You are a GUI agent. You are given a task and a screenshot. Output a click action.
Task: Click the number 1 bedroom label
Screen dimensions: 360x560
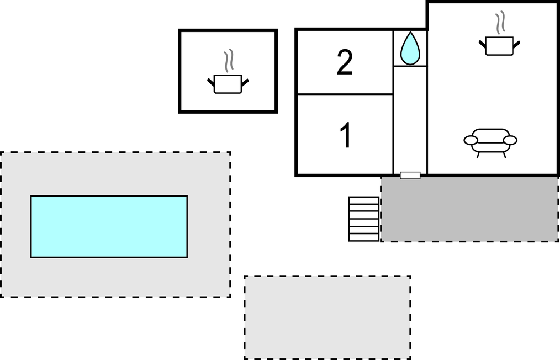(346, 136)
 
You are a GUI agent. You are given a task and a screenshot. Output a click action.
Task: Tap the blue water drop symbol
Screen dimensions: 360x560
(410, 49)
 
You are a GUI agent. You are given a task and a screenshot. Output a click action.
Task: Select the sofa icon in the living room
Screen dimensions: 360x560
(490, 142)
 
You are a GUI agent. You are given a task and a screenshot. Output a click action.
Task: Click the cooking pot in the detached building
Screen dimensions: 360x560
(228, 83)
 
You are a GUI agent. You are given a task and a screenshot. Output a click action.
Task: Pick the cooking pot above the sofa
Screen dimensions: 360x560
(499, 45)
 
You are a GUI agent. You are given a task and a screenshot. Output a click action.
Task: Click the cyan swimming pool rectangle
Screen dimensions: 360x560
(109, 226)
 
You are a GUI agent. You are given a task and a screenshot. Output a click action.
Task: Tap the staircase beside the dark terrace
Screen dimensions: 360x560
(364, 219)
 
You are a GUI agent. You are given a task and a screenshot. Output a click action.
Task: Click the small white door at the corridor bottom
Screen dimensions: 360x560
(410, 176)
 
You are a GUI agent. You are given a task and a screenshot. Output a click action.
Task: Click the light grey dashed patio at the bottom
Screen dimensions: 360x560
(327, 317)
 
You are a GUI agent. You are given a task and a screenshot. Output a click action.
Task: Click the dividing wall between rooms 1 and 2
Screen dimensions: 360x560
(345, 94)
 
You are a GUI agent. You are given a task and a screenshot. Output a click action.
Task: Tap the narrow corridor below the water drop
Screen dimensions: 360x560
(410, 119)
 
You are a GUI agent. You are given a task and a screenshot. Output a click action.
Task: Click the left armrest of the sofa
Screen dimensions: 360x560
(471, 140)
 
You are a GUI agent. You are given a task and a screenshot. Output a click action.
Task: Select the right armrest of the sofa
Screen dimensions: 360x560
(511, 140)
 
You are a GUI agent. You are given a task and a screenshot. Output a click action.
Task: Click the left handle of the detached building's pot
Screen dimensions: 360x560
(210, 82)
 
